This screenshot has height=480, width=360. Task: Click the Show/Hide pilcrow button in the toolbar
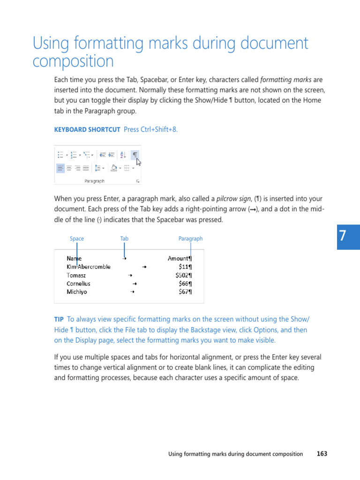click(x=135, y=155)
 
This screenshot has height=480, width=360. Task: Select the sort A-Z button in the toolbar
click(x=123, y=155)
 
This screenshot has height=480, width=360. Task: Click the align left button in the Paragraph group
click(x=60, y=168)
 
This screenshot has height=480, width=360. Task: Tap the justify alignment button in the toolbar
click(x=86, y=168)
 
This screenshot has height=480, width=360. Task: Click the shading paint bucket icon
click(x=113, y=168)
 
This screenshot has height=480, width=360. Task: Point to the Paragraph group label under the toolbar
click(x=94, y=181)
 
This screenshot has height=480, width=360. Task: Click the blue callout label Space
click(x=77, y=239)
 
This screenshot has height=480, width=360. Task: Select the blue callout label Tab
click(x=124, y=239)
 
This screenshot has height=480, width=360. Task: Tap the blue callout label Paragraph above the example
click(x=190, y=239)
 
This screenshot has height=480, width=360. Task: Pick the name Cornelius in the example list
click(x=78, y=284)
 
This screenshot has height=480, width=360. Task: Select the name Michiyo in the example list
click(x=76, y=292)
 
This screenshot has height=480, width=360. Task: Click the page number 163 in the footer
click(x=322, y=454)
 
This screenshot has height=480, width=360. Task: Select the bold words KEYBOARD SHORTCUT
click(x=87, y=130)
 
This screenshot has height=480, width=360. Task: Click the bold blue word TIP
click(x=59, y=319)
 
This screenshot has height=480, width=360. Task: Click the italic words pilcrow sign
click(x=233, y=199)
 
